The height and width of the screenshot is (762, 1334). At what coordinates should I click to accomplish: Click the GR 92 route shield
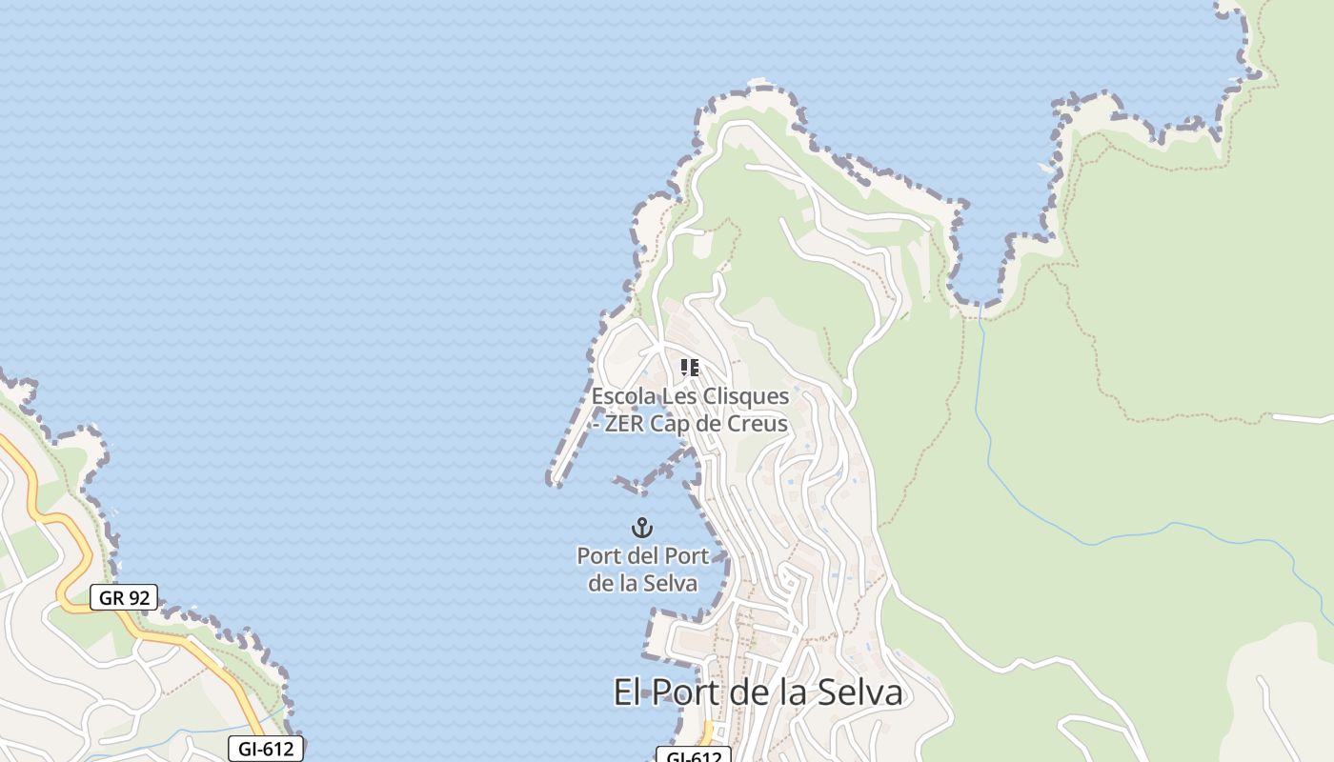(124, 598)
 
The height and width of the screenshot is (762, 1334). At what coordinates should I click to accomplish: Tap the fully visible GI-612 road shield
(267, 749)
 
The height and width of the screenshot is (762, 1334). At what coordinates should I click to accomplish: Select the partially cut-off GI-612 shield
(694, 756)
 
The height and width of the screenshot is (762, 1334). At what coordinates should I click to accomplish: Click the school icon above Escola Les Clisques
(690, 368)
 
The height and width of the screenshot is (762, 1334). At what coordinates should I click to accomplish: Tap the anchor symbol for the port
(642, 527)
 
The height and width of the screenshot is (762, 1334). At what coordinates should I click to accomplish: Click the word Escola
(622, 395)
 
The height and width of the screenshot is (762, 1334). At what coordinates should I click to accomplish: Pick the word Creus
(757, 424)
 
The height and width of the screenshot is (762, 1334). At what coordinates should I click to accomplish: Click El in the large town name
(626, 692)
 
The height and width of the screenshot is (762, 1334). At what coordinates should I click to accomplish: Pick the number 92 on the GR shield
(139, 598)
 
